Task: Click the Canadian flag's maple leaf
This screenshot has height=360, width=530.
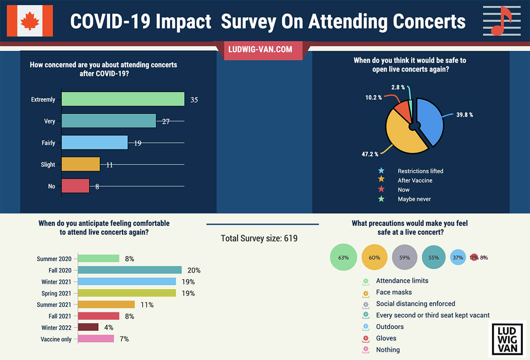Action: click(30, 20)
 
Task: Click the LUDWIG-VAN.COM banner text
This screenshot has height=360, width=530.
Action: click(260, 49)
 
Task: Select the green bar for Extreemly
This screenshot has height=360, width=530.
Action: click(123, 99)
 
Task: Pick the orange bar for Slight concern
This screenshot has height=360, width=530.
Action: click(81, 164)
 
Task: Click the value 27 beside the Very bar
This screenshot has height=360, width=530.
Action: click(166, 121)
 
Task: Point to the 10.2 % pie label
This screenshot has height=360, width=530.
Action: click(374, 97)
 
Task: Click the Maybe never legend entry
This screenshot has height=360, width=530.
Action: click(414, 199)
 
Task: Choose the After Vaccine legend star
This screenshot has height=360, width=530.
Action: click(381, 180)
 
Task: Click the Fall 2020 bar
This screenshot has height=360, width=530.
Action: click(130, 270)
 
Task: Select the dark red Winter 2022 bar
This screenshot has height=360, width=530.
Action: click(88, 327)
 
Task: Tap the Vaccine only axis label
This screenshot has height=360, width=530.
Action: click(56, 339)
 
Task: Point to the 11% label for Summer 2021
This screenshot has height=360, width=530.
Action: click(147, 305)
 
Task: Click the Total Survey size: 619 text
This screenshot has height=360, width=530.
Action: click(259, 239)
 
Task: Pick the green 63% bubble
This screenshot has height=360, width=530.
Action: click(344, 258)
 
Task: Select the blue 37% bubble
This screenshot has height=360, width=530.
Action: click(458, 258)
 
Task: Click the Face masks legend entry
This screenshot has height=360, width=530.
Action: click(394, 292)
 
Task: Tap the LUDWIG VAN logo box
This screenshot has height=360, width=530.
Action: click(507, 338)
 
